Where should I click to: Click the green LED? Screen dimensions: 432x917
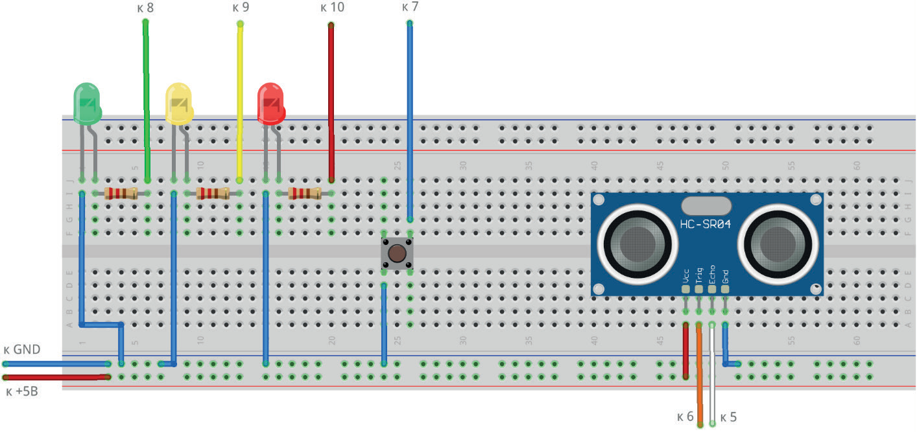[x=88, y=103]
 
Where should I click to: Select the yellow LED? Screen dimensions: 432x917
[x=179, y=103]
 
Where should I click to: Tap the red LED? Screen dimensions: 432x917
[x=271, y=103]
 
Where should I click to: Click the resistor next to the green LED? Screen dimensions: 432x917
[x=121, y=192]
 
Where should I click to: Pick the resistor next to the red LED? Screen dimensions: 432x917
[x=305, y=192]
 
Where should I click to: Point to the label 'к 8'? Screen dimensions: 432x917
[x=146, y=8]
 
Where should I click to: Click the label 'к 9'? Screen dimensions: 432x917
[x=240, y=8]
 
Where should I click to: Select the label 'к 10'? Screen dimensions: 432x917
[x=332, y=8]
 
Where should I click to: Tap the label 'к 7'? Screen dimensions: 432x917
[x=410, y=8]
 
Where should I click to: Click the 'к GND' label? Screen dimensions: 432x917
[x=21, y=350]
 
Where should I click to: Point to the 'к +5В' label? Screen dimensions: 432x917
[x=21, y=391]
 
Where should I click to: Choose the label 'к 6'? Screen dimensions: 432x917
[x=685, y=416]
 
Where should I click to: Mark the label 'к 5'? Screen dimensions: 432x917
[x=728, y=416]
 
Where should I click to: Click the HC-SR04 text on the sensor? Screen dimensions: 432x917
[x=706, y=224]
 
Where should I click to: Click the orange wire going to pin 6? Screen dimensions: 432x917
[x=699, y=376]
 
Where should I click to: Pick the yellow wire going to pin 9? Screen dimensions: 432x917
[x=240, y=97]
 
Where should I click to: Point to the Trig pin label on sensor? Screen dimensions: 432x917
[x=698, y=276]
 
